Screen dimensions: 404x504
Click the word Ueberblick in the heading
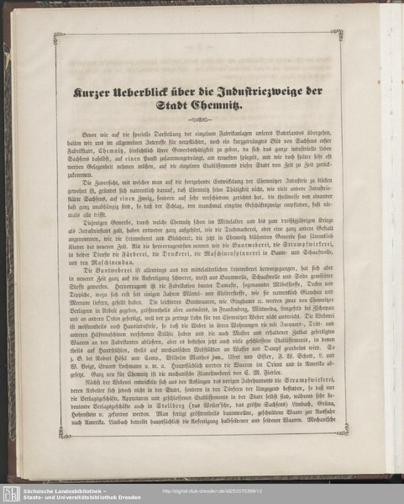(154, 91)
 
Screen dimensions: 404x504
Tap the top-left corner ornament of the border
(59, 37)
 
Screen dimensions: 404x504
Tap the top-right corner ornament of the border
(337, 34)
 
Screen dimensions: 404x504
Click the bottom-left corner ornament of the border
(64, 432)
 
